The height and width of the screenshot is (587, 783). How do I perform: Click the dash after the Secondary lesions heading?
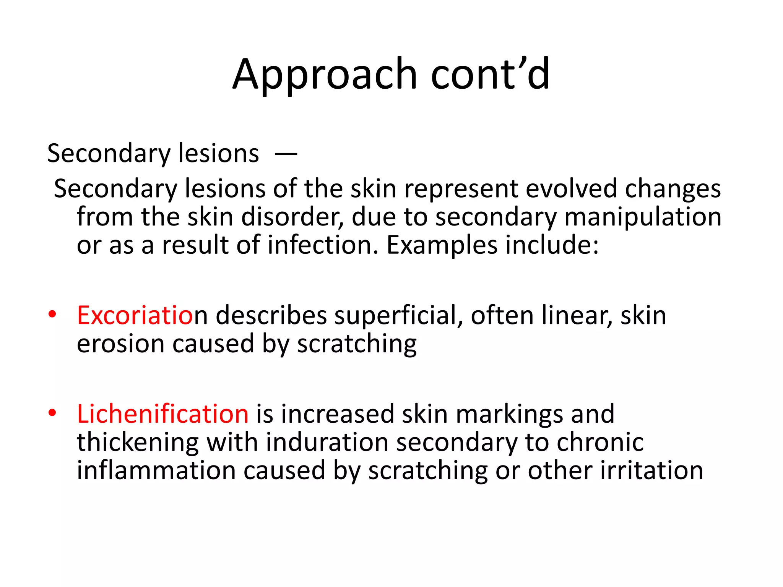pyautogui.click(x=286, y=154)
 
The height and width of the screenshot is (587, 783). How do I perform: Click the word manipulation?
pyautogui.click(x=643, y=217)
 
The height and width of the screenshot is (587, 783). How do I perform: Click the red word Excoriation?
pyautogui.click(x=136, y=316)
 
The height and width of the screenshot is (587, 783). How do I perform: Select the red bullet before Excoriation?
pyautogui.click(x=52, y=315)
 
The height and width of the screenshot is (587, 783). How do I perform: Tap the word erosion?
pyautogui.click(x=121, y=344)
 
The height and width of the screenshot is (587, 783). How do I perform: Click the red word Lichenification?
pyautogui.click(x=163, y=414)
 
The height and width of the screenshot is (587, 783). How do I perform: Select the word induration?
pyautogui.click(x=327, y=442)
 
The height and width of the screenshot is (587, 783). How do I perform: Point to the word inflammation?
pyautogui.click(x=156, y=470)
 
